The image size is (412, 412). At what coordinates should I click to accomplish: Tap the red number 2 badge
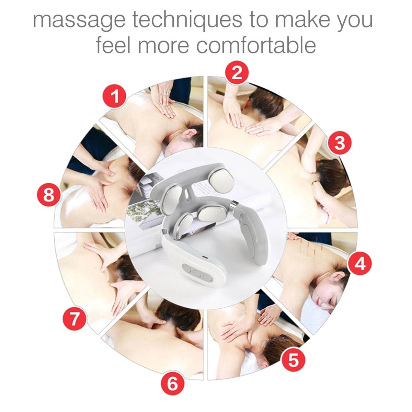click(237, 73)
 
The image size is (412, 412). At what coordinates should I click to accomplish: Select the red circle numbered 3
click(339, 143)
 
